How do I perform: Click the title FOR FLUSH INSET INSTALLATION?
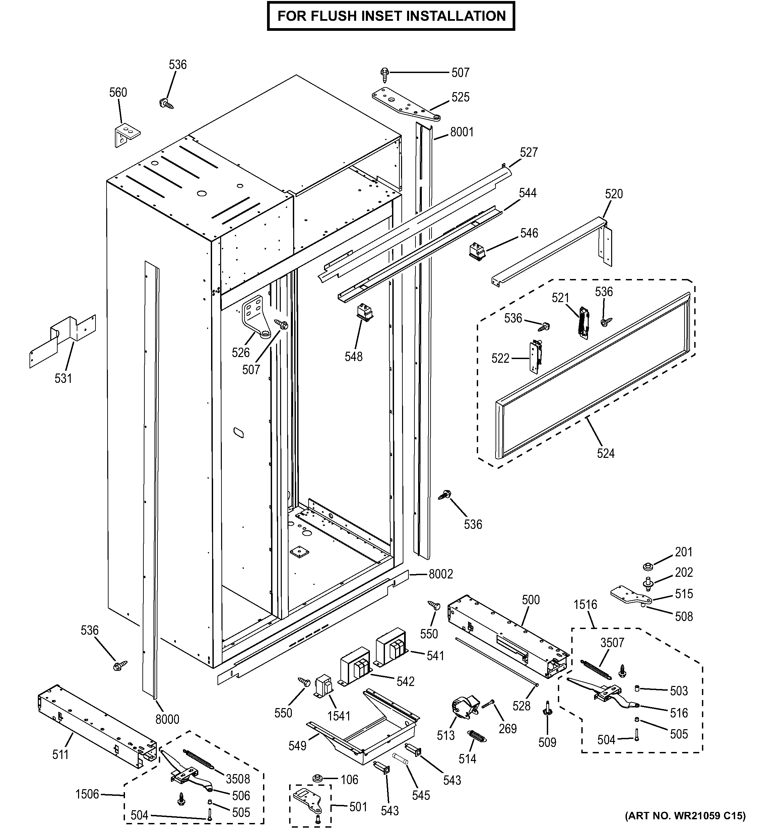391,16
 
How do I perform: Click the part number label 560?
118,92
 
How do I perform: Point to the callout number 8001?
462,132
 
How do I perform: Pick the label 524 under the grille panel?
605,453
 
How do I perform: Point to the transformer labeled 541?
391,650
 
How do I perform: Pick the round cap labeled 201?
648,567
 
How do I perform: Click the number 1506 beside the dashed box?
87,794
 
